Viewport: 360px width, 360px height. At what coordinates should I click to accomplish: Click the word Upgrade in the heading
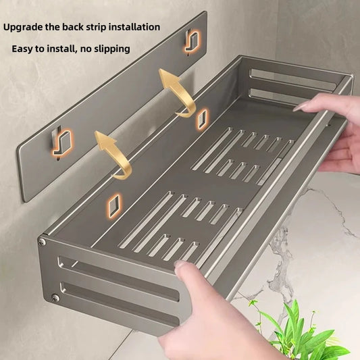point(24,28)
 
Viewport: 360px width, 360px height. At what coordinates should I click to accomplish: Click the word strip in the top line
point(97,28)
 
